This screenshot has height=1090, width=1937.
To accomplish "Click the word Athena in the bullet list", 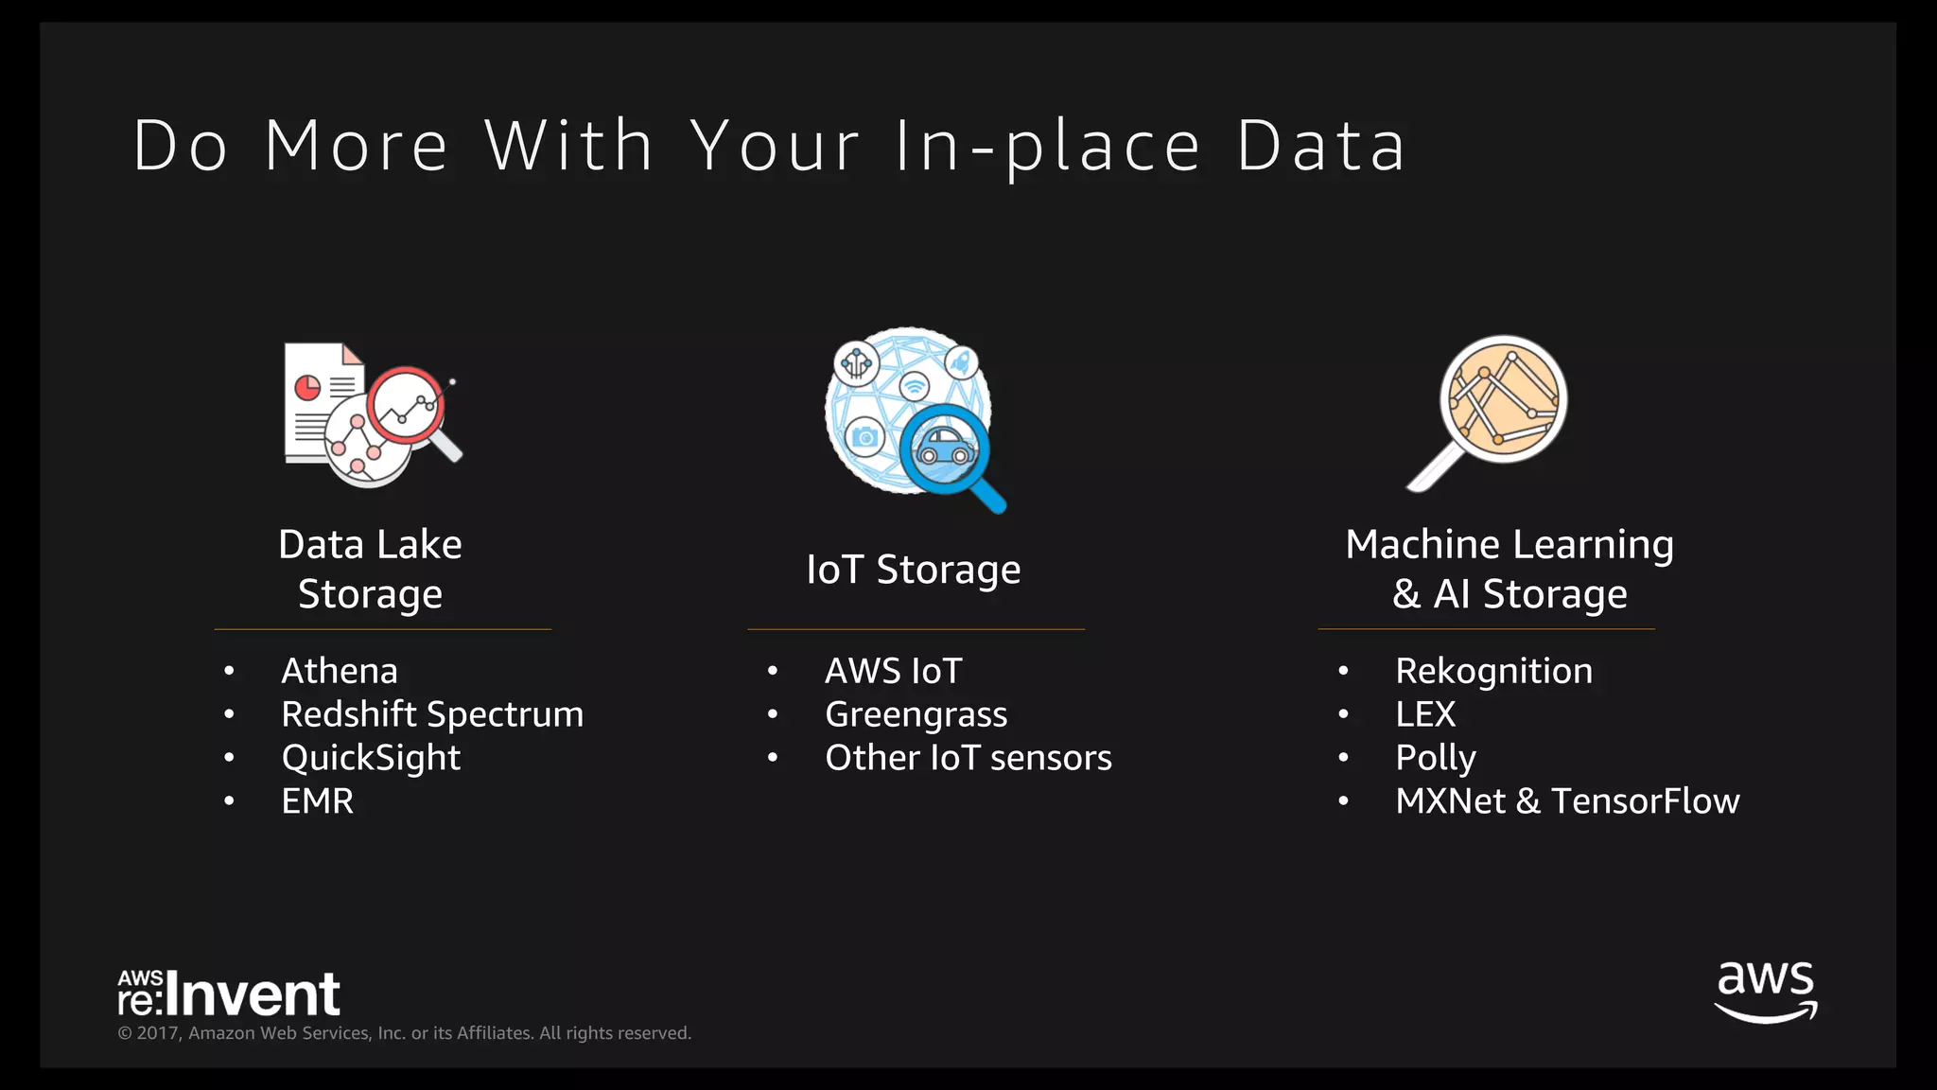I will click(340, 671).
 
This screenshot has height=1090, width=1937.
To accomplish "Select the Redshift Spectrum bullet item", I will click(432, 714).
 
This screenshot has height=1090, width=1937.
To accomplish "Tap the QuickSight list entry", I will click(371, 758).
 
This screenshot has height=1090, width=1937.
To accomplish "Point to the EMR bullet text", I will click(318, 801).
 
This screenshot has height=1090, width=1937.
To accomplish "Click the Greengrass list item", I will click(916, 714).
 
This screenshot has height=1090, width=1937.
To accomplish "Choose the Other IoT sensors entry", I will click(968, 758).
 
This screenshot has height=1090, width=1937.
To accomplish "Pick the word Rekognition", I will click(1493, 671).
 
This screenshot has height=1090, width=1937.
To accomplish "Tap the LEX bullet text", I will click(1425, 714).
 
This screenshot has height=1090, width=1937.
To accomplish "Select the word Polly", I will click(1435, 758).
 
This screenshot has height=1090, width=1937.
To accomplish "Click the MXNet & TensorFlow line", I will click(1567, 801).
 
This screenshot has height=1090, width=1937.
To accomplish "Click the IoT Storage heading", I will click(914, 570).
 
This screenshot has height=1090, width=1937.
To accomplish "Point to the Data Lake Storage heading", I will click(370, 569).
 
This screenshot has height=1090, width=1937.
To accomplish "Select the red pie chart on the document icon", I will click(307, 388).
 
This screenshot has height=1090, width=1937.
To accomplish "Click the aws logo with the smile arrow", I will click(1766, 992).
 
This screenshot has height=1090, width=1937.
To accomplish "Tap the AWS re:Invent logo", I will click(229, 993).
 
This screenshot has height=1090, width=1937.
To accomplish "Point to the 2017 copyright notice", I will click(404, 1033).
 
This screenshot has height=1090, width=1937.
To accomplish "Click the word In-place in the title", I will click(1047, 148).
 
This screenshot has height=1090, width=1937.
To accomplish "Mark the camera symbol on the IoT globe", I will click(864, 436).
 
